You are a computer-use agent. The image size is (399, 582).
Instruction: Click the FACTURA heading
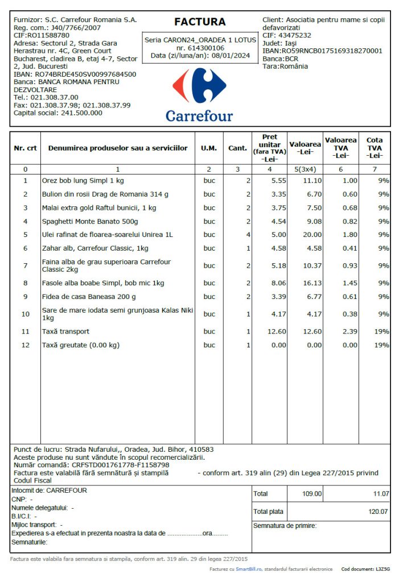coord(199,22)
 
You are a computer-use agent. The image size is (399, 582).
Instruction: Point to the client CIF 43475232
coord(295,35)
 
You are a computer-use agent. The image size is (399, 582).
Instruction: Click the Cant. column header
coord(237,148)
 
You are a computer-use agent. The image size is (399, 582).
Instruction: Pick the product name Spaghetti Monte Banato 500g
coord(90,221)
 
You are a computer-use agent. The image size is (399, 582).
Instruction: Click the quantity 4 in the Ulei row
coord(248,235)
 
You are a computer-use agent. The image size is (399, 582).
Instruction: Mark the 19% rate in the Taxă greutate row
coord(382,345)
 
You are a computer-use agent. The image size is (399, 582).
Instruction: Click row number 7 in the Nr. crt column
coord(25,265)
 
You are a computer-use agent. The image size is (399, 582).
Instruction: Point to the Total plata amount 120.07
coord(379,512)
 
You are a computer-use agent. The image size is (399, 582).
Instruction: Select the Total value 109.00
coord(312,494)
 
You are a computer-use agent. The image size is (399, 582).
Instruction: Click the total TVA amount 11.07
coord(381,494)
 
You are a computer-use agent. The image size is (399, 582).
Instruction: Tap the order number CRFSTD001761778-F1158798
coord(121,465)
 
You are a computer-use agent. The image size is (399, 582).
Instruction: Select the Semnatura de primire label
coord(285,526)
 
